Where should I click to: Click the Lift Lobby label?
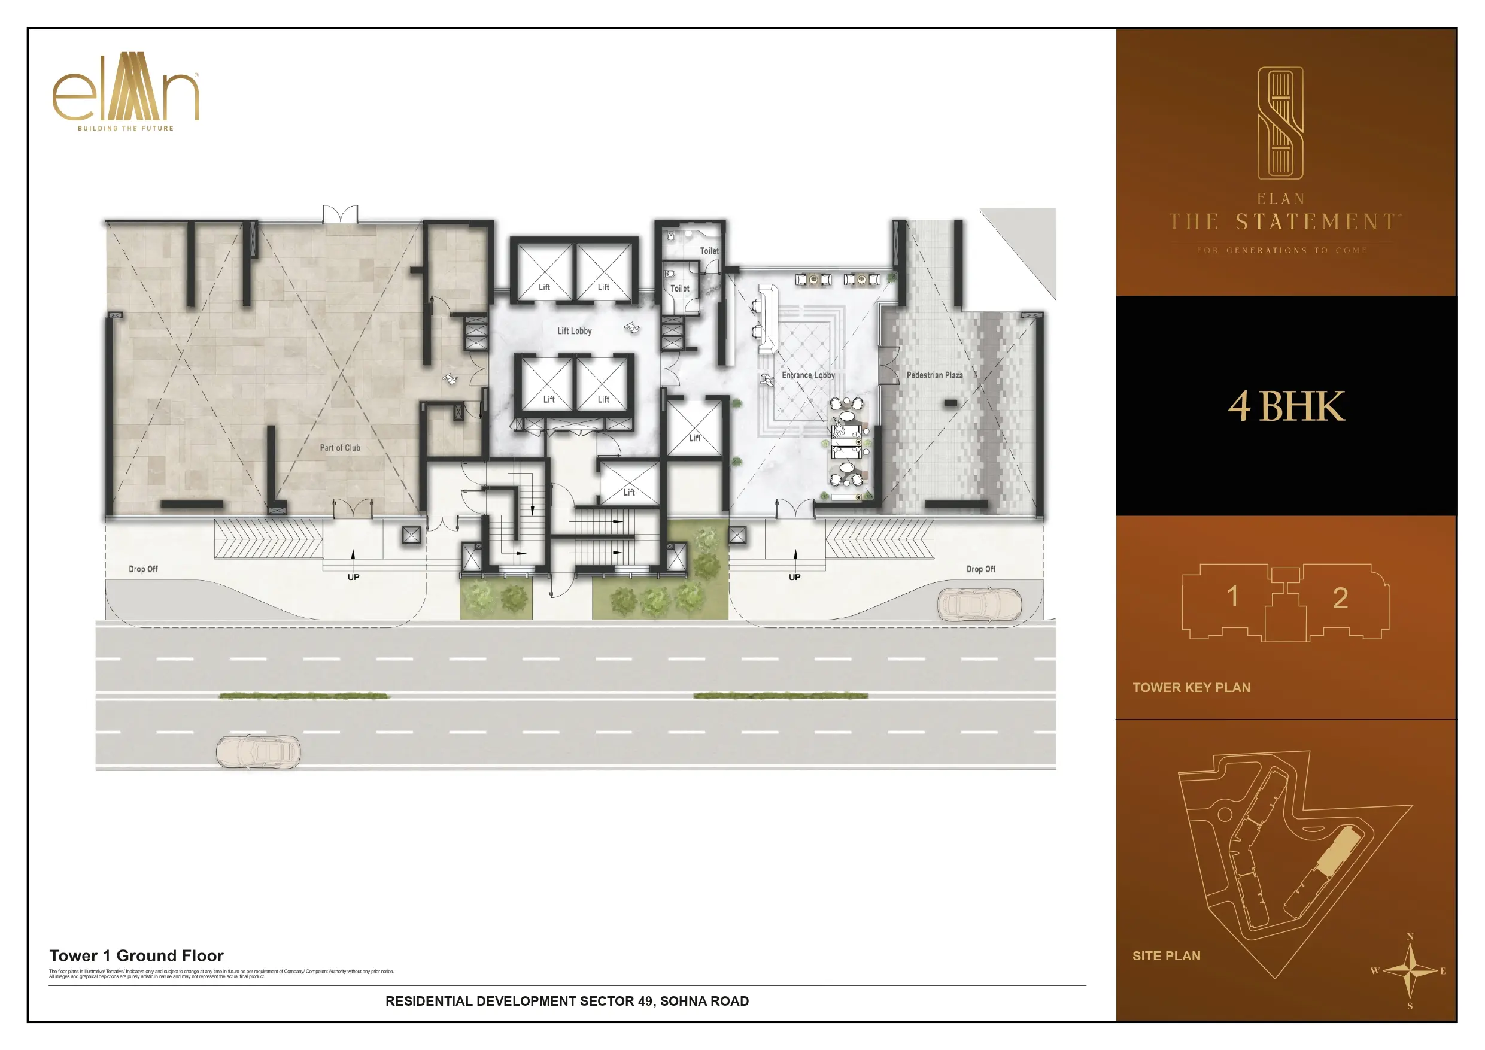[x=575, y=331]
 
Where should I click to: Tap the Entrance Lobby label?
[x=808, y=375]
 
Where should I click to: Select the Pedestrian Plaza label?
[x=934, y=375]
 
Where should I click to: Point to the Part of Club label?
[x=339, y=448]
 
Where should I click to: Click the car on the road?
[x=258, y=752]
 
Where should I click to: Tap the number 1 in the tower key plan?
[x=1233, y=596]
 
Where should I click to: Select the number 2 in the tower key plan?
[x=1340, y=599]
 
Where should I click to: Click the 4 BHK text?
[x=1286, y=406]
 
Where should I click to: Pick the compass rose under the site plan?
[x=1410, y=971]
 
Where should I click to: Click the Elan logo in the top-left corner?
[x=126, y=91]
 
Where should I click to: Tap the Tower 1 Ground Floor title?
[x=136, y=955]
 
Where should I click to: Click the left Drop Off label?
[x=143, y=569]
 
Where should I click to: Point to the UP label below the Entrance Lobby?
[x=794, y=577]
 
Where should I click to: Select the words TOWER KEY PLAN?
[x=1191, y=688]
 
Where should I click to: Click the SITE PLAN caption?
[x=1166, y=955]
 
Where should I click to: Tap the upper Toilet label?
[x=709, y=251]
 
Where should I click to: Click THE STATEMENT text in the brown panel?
[x=1284, y=223]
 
